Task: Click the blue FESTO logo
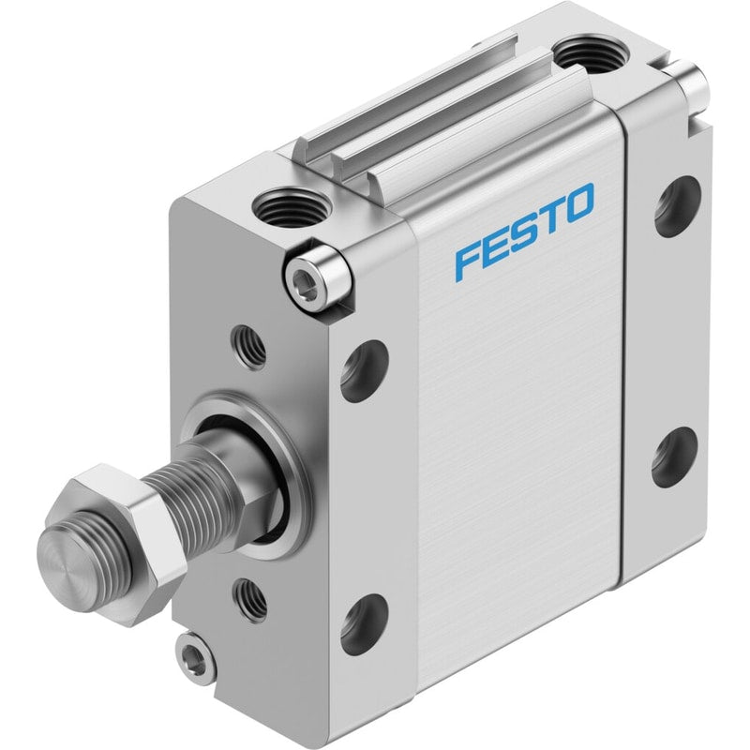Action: (525, 231)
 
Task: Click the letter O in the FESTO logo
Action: (577, 203)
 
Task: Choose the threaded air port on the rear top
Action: (592, 53)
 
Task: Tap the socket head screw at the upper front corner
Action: (317, 277)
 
